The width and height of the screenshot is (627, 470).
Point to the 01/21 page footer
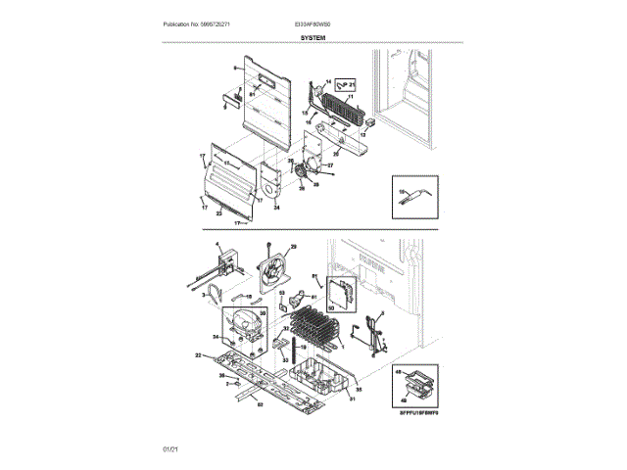pyautogui.click(x=170, y=447)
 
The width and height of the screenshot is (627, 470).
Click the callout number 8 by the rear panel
pyautogui.click(x=235, y=68)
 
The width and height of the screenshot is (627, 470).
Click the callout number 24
pyautogui.click(x=276, y=208)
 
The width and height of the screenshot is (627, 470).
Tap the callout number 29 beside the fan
pyautogui.click(x=292, y=247)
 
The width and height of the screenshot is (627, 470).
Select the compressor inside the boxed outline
pyautogui.click(x=243, y=325)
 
